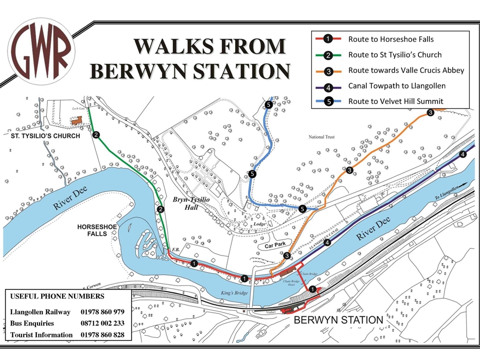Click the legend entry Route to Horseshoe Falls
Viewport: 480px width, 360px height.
coord(390,39)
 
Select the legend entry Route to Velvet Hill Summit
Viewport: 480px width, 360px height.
coord(395,101)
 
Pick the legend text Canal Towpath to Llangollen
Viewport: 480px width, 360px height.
coord(396,85)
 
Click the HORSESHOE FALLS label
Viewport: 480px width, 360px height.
coord(93,230)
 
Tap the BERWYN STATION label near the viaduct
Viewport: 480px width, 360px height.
coord(338,320)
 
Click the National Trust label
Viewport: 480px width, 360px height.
coord(322,137)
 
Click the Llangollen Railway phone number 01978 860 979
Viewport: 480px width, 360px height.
coord(102,312)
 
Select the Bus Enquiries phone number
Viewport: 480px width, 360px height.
coord(102,323)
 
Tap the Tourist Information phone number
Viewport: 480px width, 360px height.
coord(102,335)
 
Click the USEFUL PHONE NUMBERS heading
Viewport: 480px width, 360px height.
coord(57,297)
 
